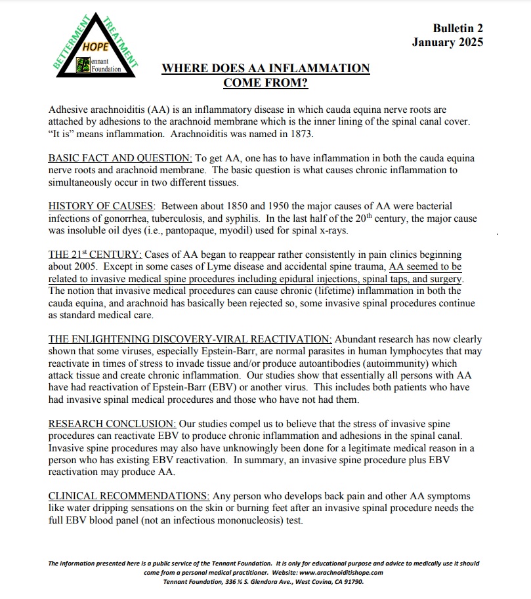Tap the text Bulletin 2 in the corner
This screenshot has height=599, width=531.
click(457, 28)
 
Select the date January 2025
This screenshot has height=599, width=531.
click(447, 43)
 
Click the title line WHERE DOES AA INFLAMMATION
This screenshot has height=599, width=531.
click(266, 68)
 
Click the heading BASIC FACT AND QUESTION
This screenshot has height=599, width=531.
click(120, 159)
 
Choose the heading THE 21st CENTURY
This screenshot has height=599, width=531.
click(95, 254)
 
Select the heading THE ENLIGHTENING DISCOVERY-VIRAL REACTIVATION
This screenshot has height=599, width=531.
click(190, 339)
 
